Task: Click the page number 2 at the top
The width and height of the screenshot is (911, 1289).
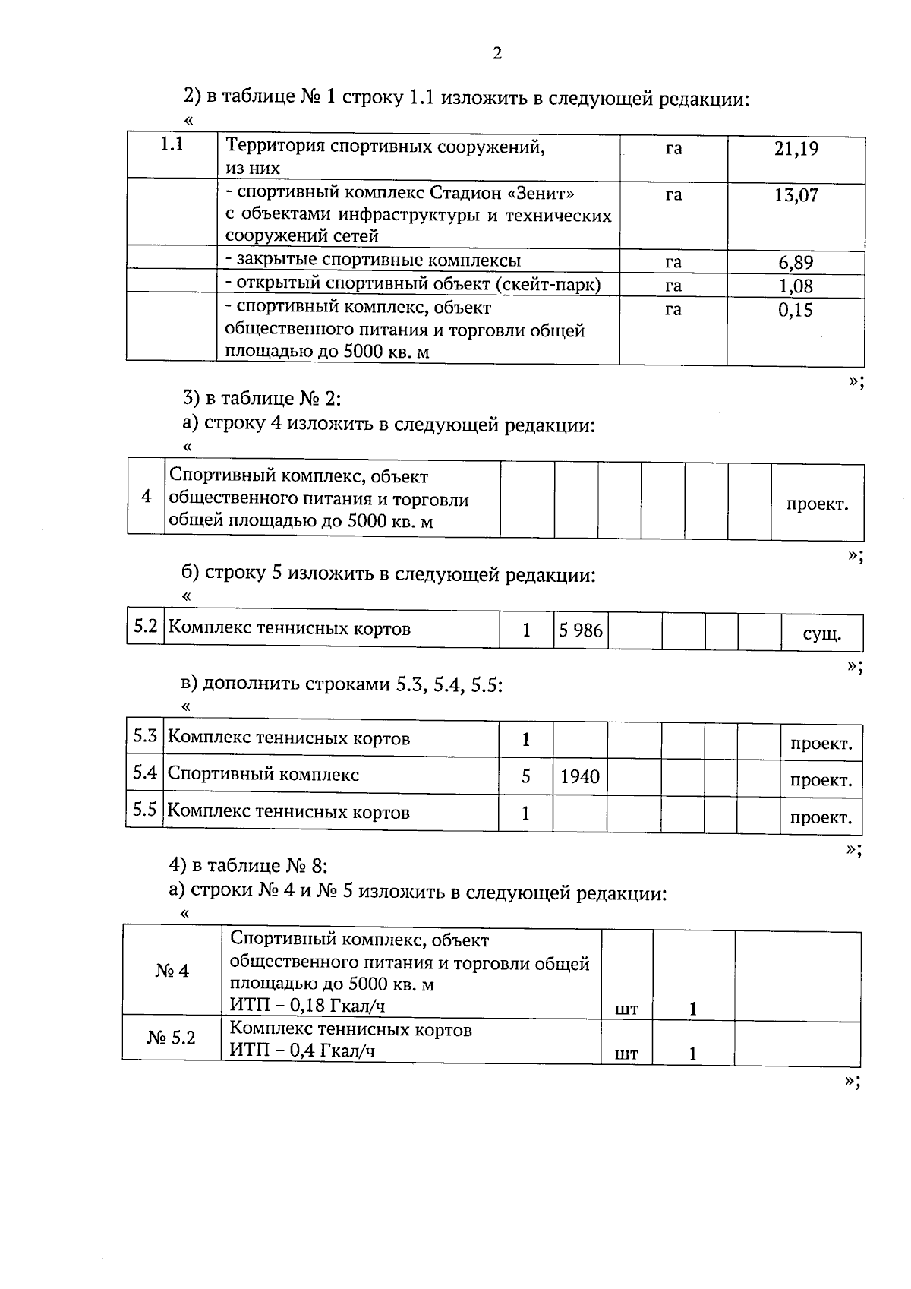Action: (x=497, y=53)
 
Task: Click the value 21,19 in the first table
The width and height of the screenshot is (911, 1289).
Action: (x=796, y=149)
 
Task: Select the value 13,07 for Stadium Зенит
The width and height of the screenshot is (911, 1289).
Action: (x=796, y=195)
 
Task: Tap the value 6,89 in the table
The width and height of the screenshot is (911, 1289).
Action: (x=796, y=263)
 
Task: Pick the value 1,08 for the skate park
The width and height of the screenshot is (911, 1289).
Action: (x=796, y=286)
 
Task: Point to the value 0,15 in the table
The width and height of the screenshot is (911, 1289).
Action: (x=796, y=310)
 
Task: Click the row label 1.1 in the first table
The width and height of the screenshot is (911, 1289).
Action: (x=172, y=144)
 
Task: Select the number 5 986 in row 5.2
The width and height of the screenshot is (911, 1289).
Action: (x=581, y=630)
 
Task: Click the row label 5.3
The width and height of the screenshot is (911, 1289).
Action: (x=145, y=736)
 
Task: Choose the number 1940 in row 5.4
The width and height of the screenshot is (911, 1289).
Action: (x=580, y=777)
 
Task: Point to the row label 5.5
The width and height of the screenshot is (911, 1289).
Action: (x=145, y=810)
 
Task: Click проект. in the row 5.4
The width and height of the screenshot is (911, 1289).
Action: (x=821, y=781)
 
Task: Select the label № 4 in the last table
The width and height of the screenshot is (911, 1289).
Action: (x=172, y=971)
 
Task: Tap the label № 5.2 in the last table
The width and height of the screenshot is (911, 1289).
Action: (x=172, y=1038)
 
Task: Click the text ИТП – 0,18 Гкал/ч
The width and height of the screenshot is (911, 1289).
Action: (x=307, y=1006)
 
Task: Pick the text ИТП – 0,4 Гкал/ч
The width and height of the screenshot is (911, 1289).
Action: (x=302, y=1051)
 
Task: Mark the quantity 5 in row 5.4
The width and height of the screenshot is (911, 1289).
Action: (x=526, y=776)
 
